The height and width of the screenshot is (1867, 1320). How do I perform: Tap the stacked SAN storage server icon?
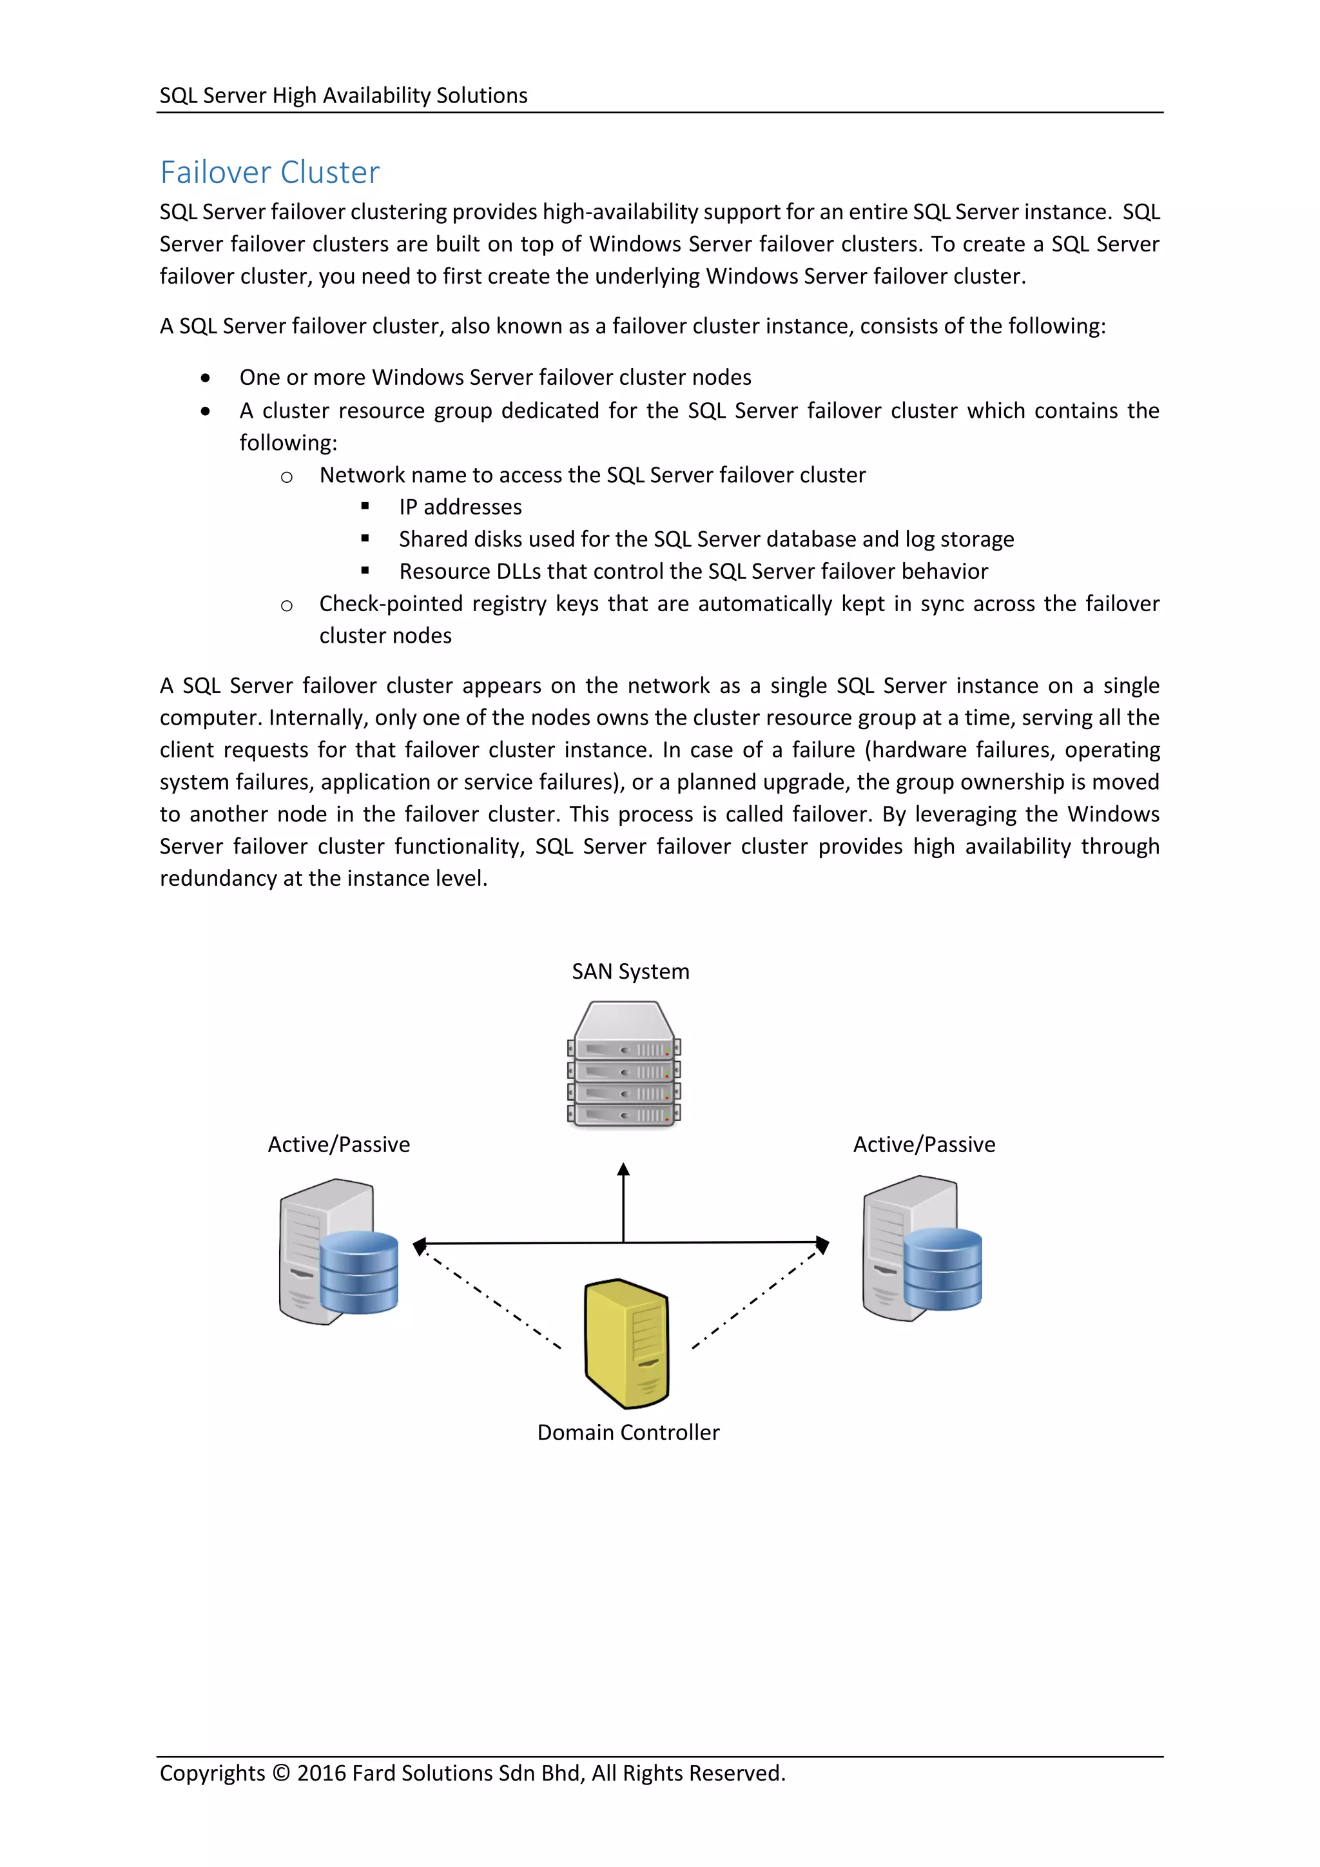pyautogui.click(x=623, y=1064)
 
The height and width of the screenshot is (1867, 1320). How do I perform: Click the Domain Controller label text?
pyautogui.click(x=628, y=1432)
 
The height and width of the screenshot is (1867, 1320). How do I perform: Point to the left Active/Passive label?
pyautogui.click(x=339, y=1144)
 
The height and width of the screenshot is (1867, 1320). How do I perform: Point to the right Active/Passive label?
pyautogui.click(x=924, y=1144)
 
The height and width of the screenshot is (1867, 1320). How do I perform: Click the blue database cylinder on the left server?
pyautogui.click(x=358, y=1272)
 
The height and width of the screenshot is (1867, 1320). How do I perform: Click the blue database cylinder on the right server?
pyautogui.click(x=942, y=1269)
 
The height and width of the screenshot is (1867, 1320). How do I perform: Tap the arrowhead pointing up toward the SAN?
pyautogui.click(x=623, y=1170)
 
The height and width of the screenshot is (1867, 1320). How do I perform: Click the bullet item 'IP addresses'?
pyautogui.click(x=460, y=507)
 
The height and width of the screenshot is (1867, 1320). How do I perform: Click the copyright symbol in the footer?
pyautogui.click(x=280, y=1773)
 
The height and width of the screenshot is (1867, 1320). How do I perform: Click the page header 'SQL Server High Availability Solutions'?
pyautogui.click(x=343, y=95)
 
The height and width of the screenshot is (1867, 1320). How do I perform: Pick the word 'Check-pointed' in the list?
pyautogui.click(x=373, y=603)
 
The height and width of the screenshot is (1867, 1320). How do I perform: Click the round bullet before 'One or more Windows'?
pyautogui.click(x=206, y=378)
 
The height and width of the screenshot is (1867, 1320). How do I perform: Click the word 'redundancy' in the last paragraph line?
pyautogui.click(x=217, y=878)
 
